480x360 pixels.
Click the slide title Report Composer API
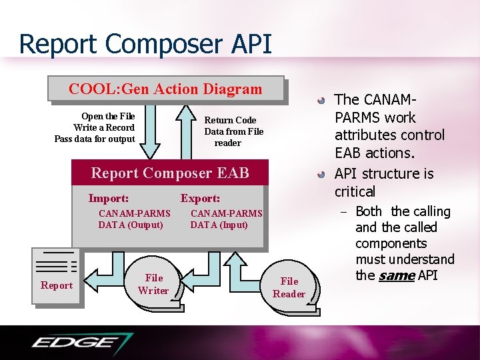pyautogui.click(x=145, y=44)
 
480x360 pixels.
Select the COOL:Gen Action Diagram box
pyautogui.click(x=166, y=89)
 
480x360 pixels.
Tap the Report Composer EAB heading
pyautogui.click(x=170, y=173)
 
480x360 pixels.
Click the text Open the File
pyautogui.click(x=108, y=116)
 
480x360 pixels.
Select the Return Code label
pyautogui.click(x=230, y=120)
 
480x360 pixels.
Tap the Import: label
pyautogui.click(x=109, y=198)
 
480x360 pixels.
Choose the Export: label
pyautogui.click(x=200, y=198)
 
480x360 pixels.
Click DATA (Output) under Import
pyautogui.click(x=131, y=225)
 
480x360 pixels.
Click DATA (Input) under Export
pyautogui.click(x=219, y=225)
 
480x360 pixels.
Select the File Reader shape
pyautogui.click(x=289, y=288)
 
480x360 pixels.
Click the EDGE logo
pyautogui.click(x=81, y=343)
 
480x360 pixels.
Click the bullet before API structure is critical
pyautogui.click(x=321, y=175)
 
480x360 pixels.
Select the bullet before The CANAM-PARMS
pyautogui.click(x=321, y=101)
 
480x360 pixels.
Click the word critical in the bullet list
pyautogui.click(x=355, y=191)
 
